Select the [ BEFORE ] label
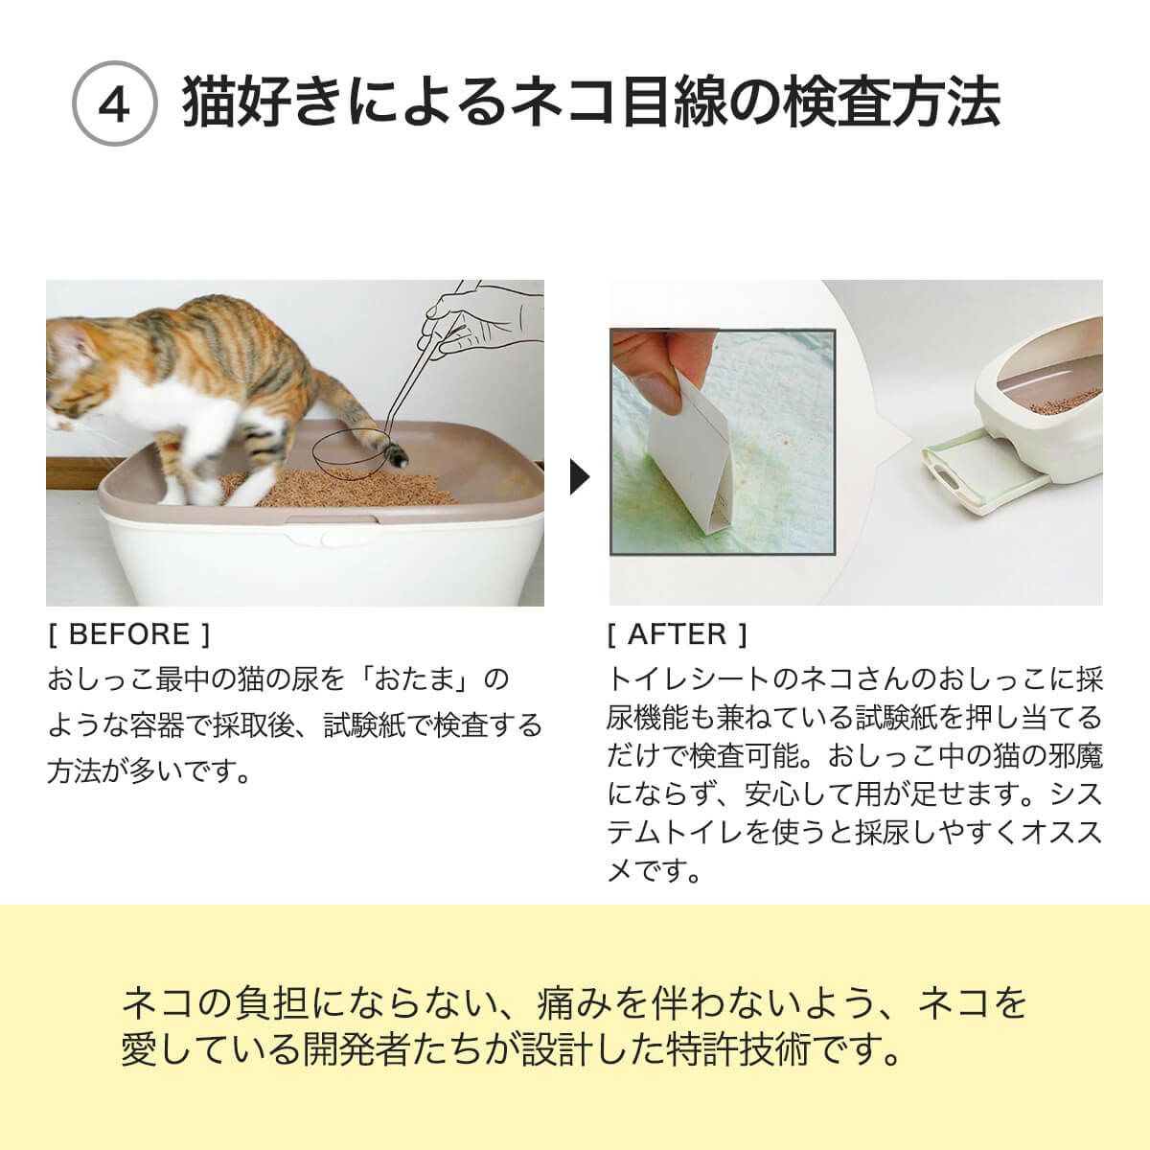tap(127, 633)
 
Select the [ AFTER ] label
tap(677, 633)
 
